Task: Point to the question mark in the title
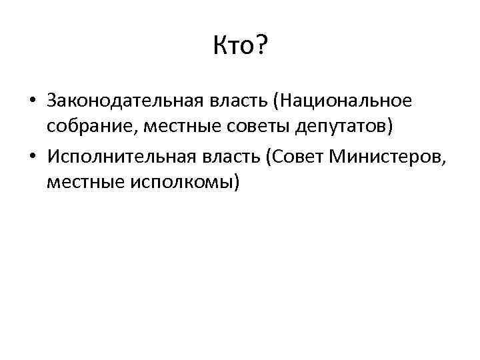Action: [261, 47]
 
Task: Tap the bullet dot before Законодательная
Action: [32, 102]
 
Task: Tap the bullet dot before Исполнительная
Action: [32, 156]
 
